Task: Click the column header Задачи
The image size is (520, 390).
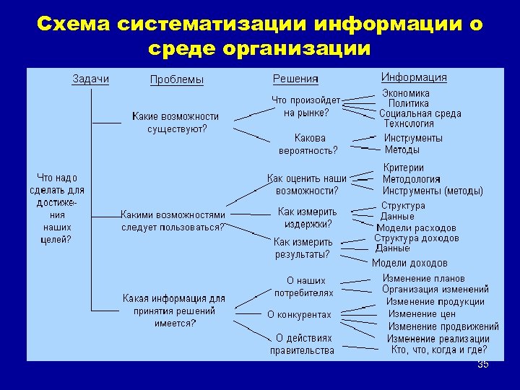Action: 90,79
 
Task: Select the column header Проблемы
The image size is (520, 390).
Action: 176,79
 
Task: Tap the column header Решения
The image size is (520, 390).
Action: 295,78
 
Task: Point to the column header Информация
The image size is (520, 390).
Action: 414,77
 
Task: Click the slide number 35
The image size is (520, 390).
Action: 483,365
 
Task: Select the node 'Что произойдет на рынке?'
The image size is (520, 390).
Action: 305,106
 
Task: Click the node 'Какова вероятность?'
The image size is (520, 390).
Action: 308,144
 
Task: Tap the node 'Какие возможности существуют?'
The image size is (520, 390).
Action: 175,123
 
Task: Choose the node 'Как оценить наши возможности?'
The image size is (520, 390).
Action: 307,184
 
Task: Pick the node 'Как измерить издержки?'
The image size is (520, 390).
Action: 308,217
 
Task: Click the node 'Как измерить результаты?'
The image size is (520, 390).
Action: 303,248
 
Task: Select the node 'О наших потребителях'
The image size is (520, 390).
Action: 303,287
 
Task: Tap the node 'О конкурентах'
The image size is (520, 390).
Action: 299,315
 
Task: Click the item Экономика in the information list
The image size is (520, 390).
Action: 406,93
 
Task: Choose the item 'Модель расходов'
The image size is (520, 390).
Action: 416,227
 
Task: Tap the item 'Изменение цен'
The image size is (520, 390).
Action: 422,314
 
